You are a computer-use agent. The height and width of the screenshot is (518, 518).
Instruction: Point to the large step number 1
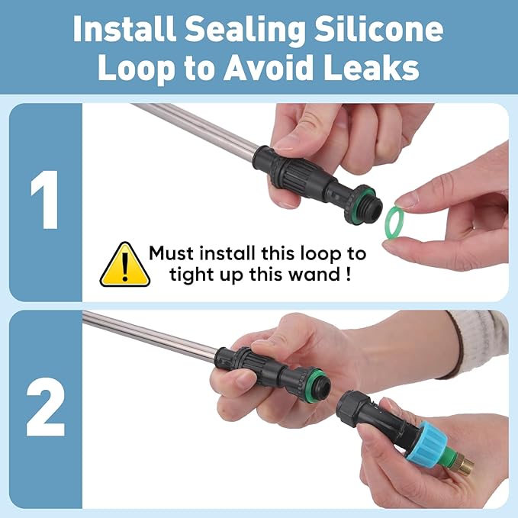[45, 200]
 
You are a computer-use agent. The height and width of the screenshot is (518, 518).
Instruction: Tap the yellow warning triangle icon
[125, 265]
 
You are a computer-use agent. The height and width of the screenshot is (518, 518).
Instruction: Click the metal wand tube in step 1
[195, 129]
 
